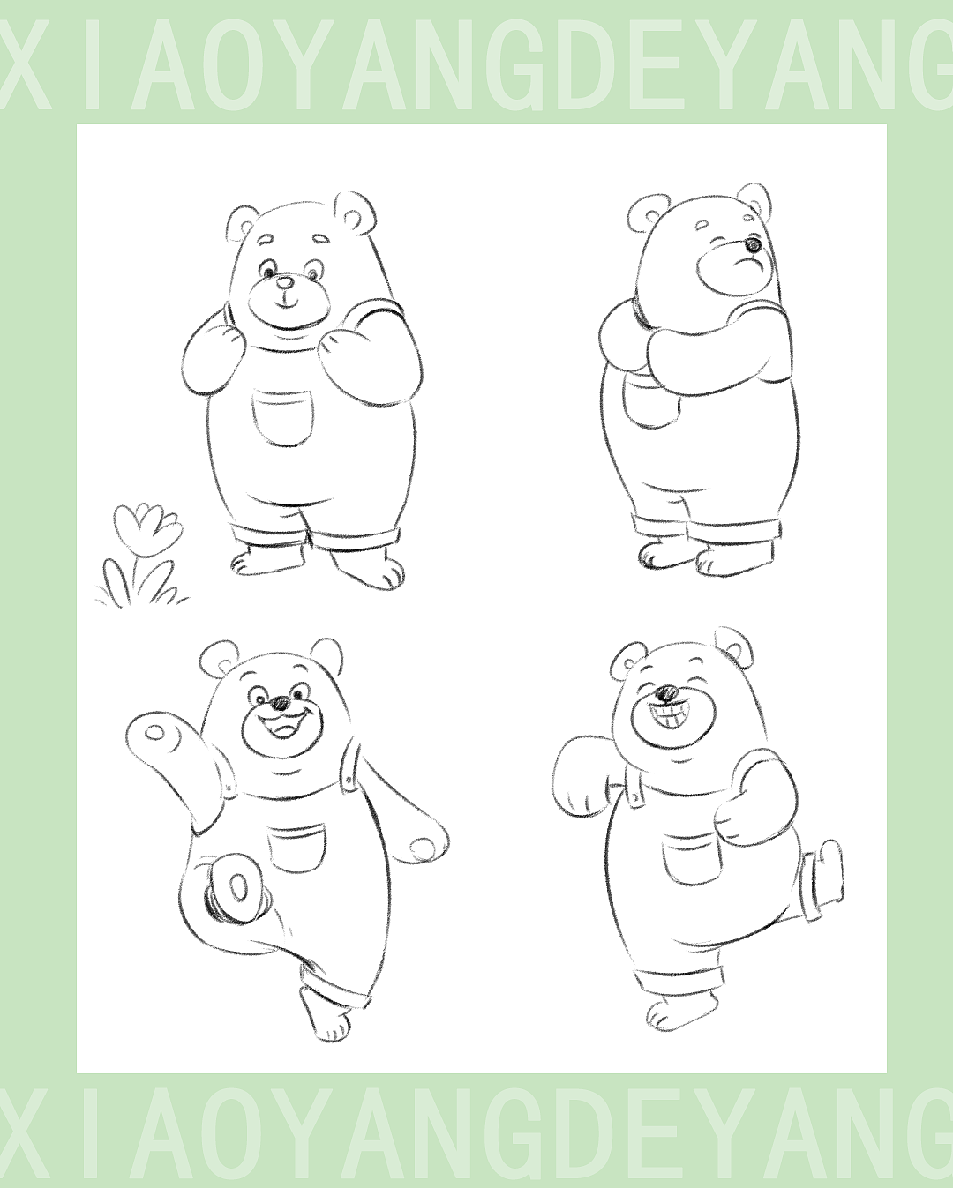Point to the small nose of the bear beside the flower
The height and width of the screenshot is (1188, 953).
[284, 283]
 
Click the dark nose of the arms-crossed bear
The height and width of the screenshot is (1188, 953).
[753, 244]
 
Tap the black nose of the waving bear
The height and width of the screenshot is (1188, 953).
[281, 702]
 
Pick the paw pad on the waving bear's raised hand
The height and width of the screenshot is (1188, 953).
[155, 733]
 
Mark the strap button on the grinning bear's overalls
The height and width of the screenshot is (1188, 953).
[634, 796]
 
